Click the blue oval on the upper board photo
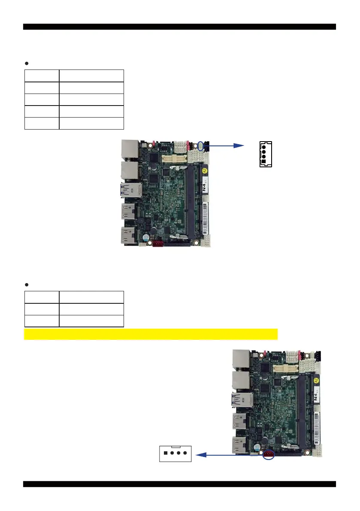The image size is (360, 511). tap(200, 145)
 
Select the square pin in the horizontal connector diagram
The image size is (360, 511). tap(166, 453)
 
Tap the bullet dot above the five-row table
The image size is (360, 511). tap(27, 63)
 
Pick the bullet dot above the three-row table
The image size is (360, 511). tap(27, 284)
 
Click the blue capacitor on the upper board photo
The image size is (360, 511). tap(146, 237)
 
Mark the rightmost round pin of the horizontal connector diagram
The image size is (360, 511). tap(185, 453)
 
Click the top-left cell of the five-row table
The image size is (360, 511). tap(42, 76)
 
